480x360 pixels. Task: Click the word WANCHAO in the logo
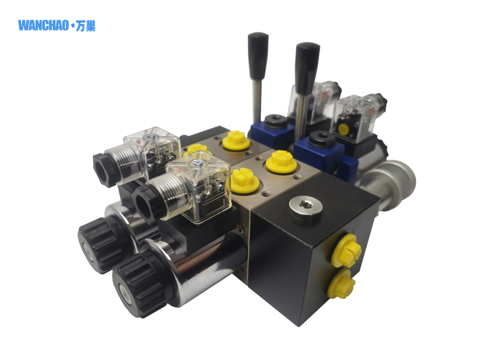(43, 25)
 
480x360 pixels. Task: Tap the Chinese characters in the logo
(86, 25)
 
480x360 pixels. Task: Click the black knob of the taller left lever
(258, 55)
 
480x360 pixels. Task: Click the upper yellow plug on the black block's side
(347, 250)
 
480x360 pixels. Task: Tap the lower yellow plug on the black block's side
(341, 284)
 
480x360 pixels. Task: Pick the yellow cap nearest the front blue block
(281, 162)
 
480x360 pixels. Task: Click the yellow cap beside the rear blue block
(236, 140)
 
